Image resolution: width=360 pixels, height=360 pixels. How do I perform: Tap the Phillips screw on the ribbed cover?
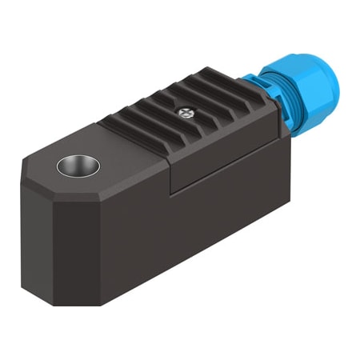(188, 114)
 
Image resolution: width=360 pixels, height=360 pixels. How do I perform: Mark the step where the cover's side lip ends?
(171, 171)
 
